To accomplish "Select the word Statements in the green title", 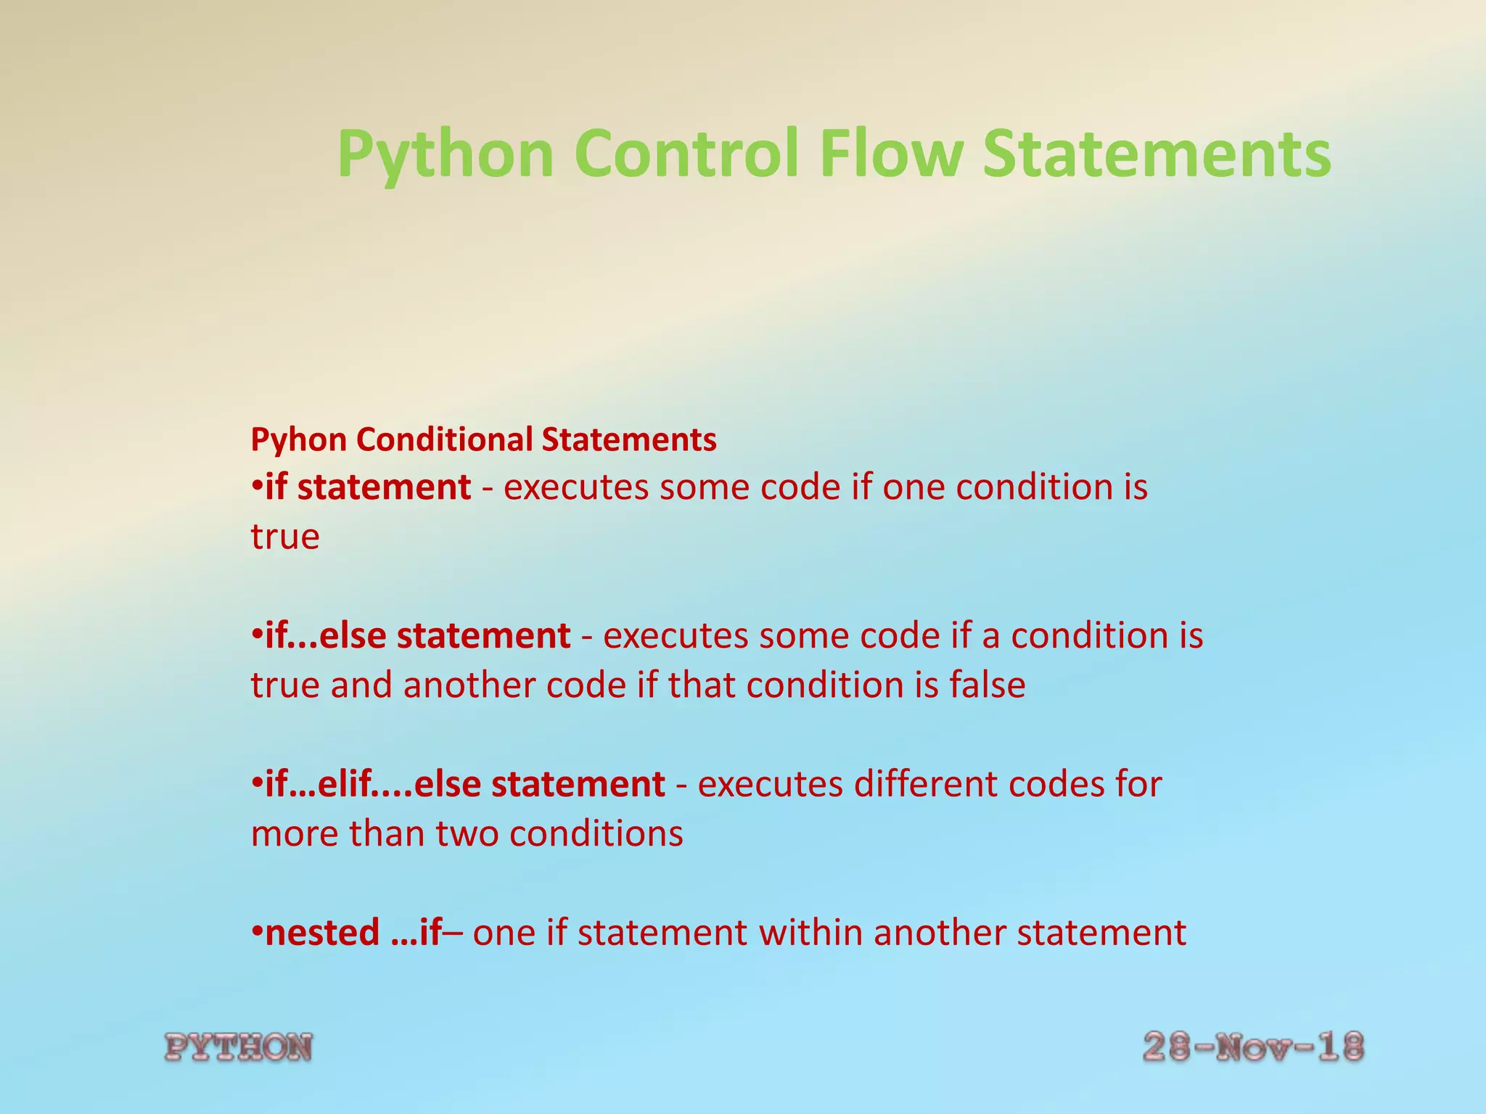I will [x=1157, y=154].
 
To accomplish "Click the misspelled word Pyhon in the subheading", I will [x=298, y=440].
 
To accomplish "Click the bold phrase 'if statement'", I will [x=368, y=487].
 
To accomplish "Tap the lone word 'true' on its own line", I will [x=284, y=537].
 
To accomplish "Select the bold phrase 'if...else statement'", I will [x=418, y=635].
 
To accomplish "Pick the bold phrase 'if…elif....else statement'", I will [x=465, y=784].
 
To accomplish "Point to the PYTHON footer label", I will [x=239, y=1048].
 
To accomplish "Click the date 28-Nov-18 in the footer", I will [x=1253, y=1047].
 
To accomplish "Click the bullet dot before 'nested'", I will [x=257, y=931].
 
